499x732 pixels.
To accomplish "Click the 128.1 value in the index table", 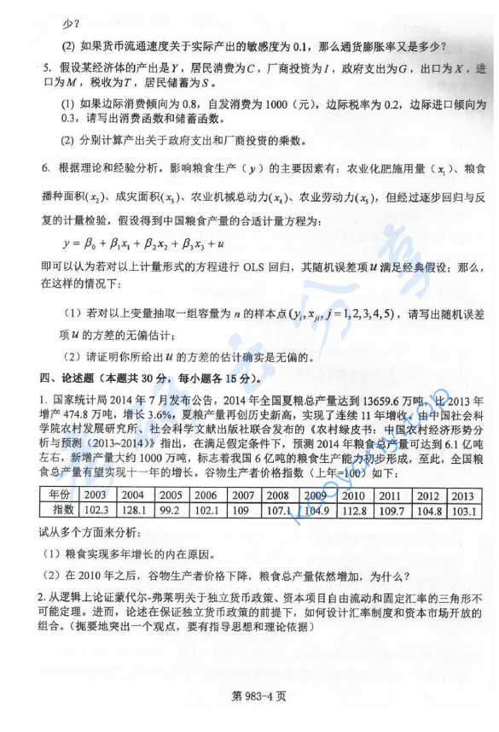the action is (x=132, y=510).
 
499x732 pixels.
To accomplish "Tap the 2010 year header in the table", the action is (x=352, y=495).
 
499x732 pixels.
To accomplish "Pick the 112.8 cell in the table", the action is (x=352, y=510).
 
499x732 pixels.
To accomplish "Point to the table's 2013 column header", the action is (x=462, y=495).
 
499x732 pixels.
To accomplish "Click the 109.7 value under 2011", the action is (x=389, y=510).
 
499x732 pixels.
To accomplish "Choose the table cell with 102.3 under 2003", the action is (x=95, y=510).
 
